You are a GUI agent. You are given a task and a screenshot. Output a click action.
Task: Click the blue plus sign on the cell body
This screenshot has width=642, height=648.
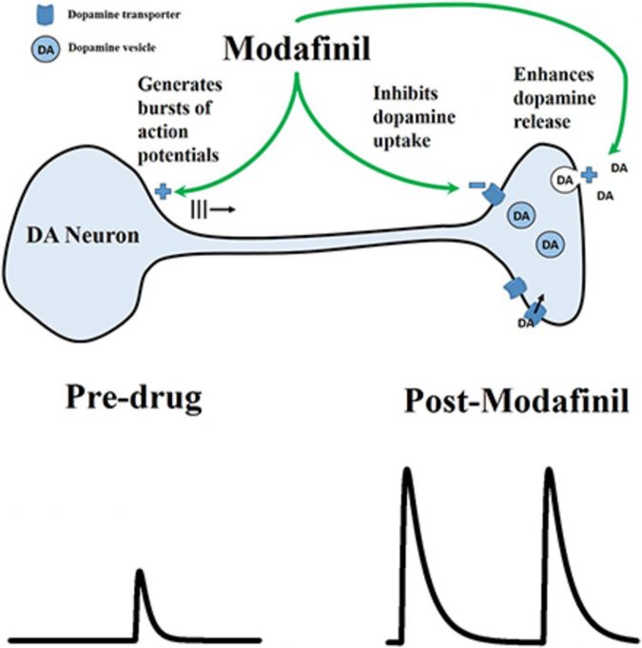(164, 191)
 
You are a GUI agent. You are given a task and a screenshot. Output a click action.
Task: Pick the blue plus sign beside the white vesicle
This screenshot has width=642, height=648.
(590, 175)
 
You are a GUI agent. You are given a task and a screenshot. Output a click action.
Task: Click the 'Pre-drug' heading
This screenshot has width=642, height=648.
(134, 398)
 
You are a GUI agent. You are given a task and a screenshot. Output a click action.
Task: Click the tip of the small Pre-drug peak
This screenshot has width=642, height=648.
(140, 571)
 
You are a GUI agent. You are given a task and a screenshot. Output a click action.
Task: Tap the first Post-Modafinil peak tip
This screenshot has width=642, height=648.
(406, 469)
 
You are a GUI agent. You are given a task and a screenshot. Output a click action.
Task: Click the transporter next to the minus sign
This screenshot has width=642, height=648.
(496, 194)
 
